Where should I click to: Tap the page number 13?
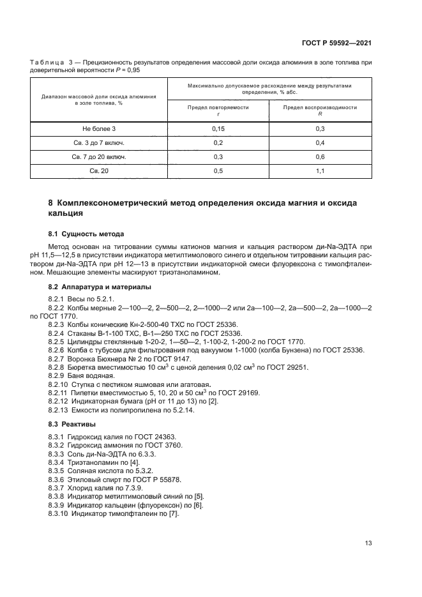pyautogui.click(x=368, y=543)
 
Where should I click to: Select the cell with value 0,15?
pyautogui.click(x=218, y=128)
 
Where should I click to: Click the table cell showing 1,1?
pyautogui.click(x=320, y=170)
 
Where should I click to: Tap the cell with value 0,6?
pyautogui.click(x=320, y=156)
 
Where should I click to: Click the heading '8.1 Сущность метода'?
pyautogui.click(x=86, y=234)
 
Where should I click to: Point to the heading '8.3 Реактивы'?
pyautogui.click(x=72, y=424)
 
